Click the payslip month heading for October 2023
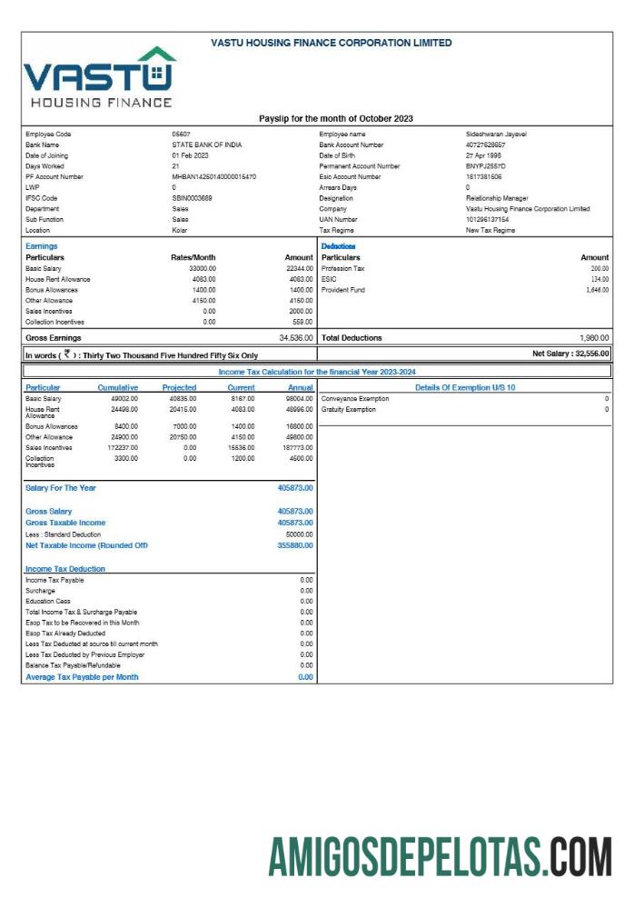click(335, 118)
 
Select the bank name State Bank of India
click(206, 145)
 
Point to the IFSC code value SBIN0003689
click(192, 198)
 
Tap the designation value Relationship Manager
click(496, 198)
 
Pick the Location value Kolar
click(180, 230)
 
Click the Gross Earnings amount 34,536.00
click(295, 338)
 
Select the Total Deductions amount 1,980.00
click(593, 338)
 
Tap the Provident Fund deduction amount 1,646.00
click(596, 290)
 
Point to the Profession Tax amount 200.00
click(599, 268)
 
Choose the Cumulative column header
click(117, 387)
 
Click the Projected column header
click(179, 387)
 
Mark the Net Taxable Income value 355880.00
click(294, 545)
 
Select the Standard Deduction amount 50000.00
click(299, 534)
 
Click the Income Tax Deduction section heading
click(64, 569)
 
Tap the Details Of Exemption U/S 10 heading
click(464, 387)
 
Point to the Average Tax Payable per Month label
click(82, 677)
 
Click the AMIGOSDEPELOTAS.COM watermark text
click(440, 857)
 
